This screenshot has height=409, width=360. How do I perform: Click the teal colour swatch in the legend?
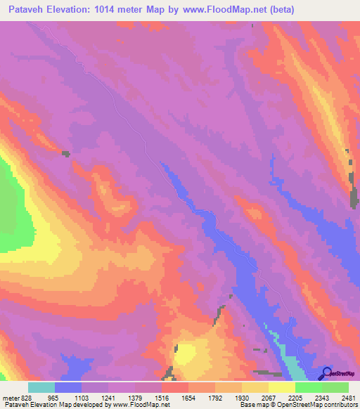[x=41, y=387]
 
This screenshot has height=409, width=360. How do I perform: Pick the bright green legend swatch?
[x=309, y=387]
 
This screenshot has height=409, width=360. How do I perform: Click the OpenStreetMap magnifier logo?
[x=327, y=373]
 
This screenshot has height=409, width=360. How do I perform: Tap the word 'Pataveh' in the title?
[x=26, y=10]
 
